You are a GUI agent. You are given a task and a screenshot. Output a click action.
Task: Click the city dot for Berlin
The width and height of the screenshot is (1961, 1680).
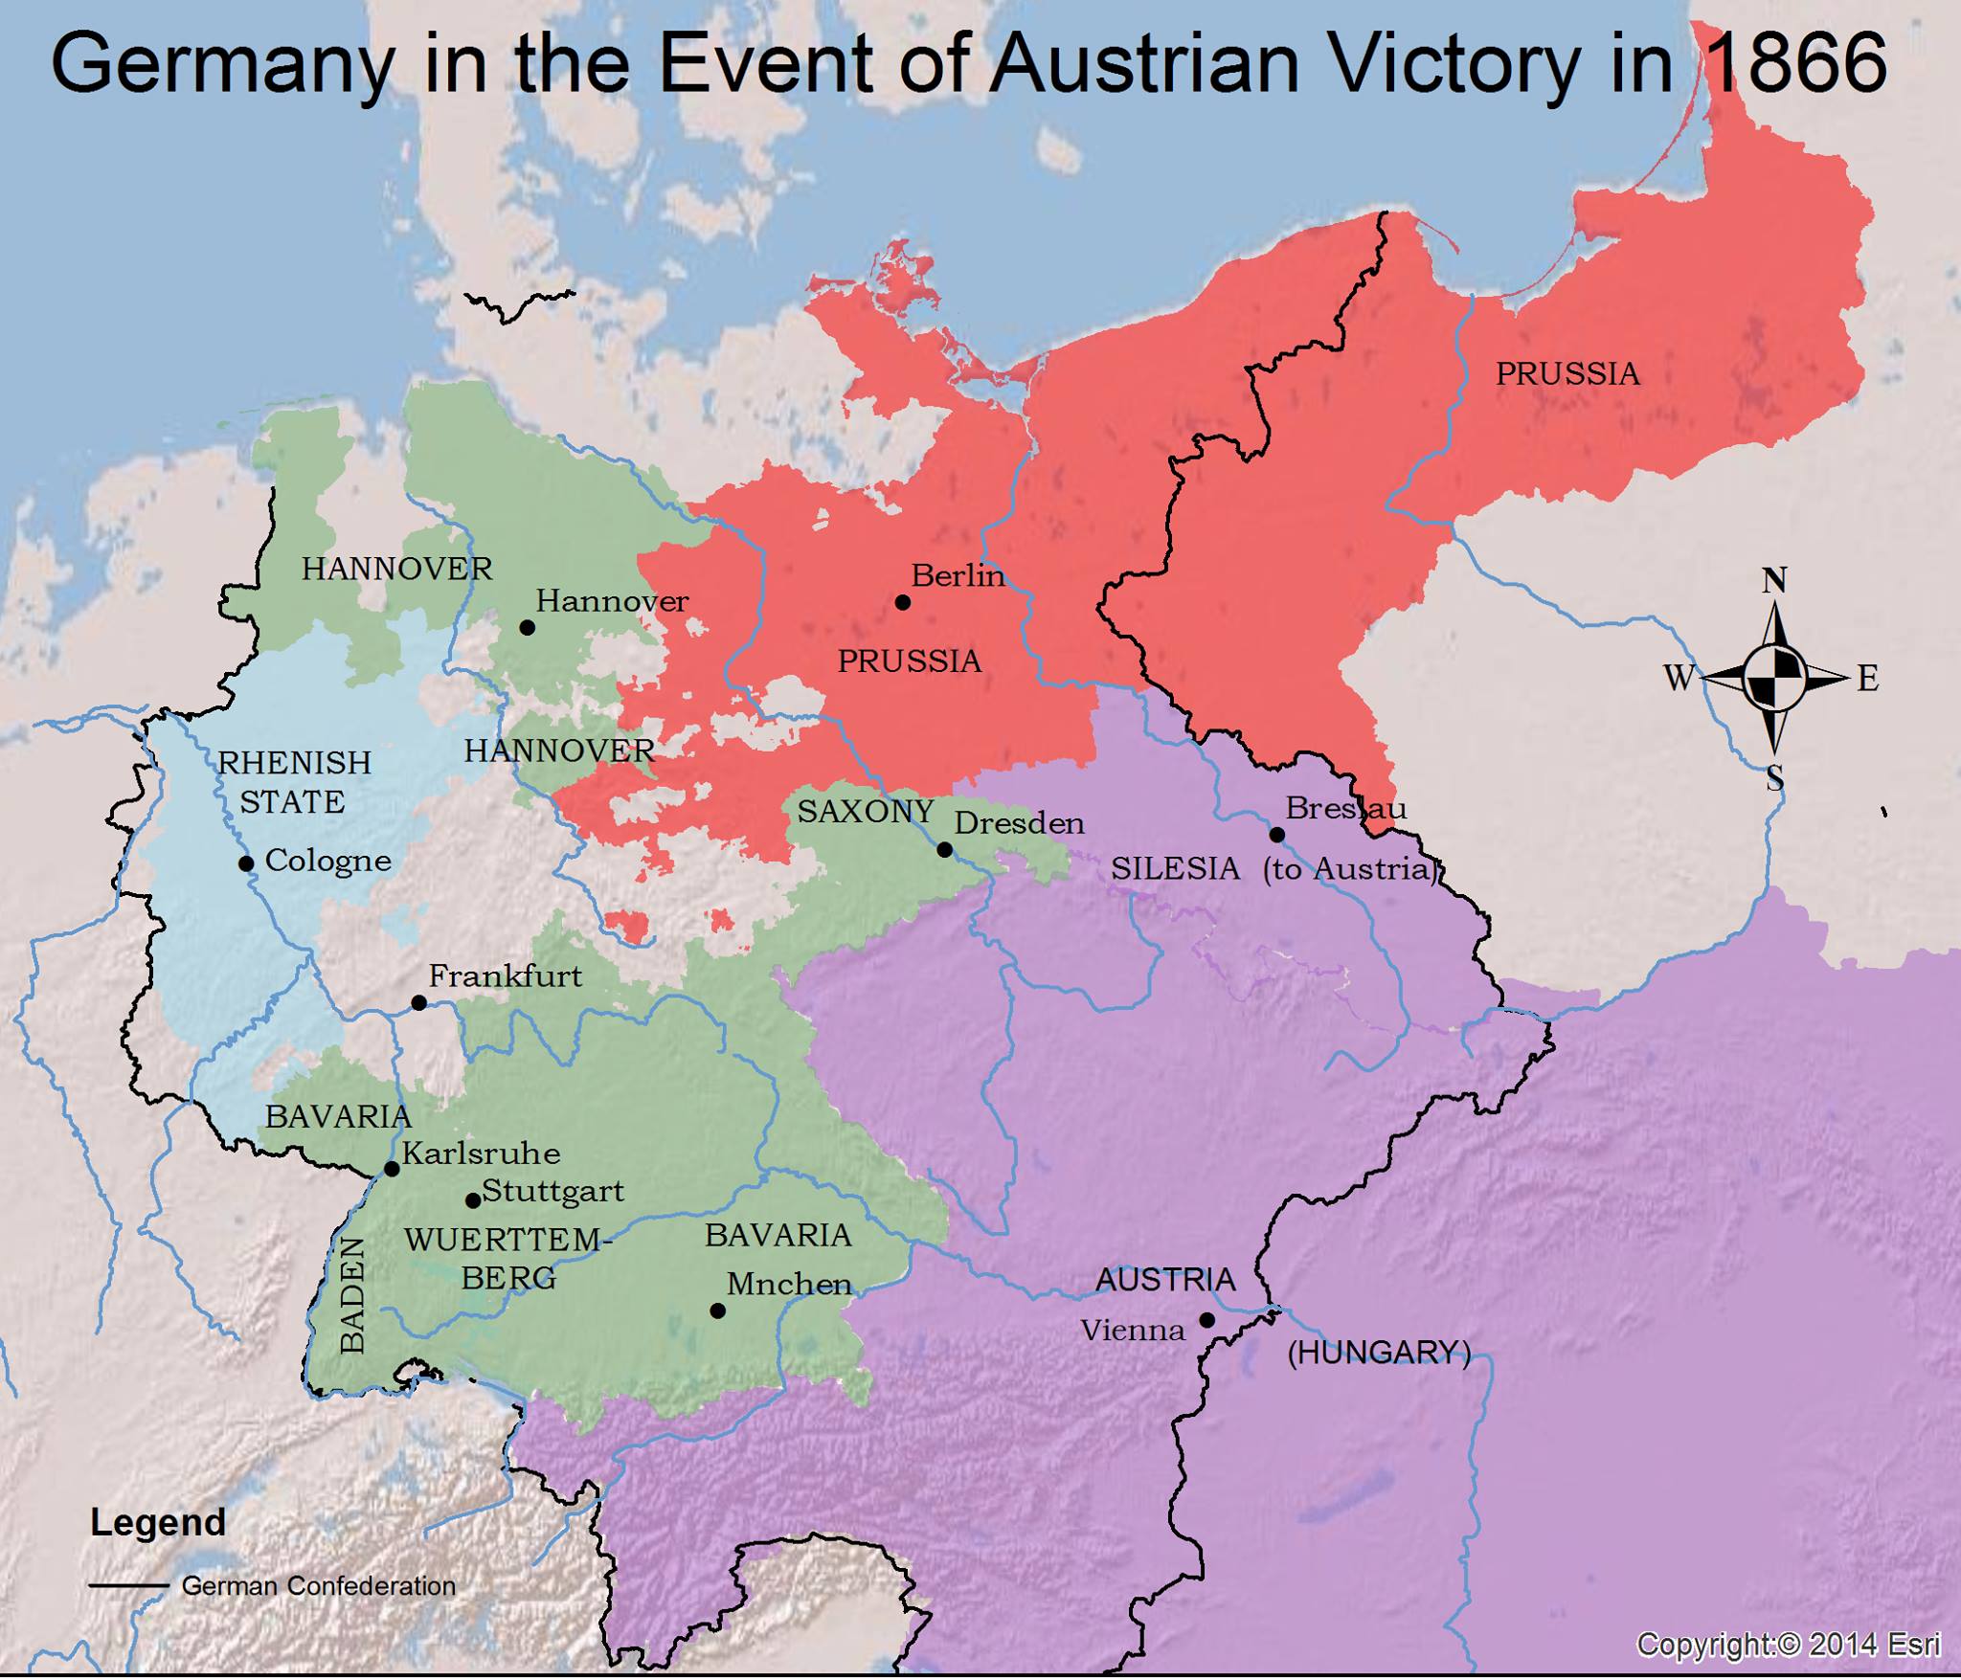(x=902, y=602)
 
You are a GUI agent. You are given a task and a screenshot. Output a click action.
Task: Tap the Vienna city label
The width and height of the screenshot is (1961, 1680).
(x=1133, y=1330)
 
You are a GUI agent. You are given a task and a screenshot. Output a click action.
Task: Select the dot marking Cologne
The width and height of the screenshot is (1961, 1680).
(x=246, y=863)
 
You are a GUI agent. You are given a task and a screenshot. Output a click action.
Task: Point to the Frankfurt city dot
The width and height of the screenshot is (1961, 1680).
(x=418, y=1003)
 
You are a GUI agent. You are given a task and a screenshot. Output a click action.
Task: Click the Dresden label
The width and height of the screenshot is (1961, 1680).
(x=1019, y=823)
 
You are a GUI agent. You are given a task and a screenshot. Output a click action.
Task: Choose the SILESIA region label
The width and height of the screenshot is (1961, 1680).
(x=1175, y=869)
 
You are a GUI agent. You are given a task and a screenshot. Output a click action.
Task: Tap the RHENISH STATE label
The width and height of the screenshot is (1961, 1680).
(x=294, y=782)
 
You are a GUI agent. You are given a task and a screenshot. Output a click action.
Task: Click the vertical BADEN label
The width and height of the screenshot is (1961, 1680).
(x=353, y=1294)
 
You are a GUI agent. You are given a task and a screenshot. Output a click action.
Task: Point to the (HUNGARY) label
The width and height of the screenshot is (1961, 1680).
(x=1378, y=1352)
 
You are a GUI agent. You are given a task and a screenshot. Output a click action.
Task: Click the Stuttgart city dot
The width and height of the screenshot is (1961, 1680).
(x=472, y=1200)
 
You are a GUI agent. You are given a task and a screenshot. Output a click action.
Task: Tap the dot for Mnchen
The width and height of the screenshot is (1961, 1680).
(x=717, y=1311)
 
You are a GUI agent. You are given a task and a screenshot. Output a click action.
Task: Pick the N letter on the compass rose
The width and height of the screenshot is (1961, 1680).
(x=1774, y=580)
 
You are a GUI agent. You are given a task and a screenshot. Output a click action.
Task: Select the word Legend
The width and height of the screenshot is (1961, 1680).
(x=158, y=1523)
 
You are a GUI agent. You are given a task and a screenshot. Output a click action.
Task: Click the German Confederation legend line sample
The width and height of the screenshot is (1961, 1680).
(x=129, y=1586)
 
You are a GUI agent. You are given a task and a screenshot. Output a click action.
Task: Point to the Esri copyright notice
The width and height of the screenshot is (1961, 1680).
(x=1789, y=1646)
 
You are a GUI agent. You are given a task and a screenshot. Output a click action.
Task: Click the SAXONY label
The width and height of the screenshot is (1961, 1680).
(x=866, y=812)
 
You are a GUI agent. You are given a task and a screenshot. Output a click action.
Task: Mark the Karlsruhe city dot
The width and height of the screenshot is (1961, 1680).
(x=392, y=1169)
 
